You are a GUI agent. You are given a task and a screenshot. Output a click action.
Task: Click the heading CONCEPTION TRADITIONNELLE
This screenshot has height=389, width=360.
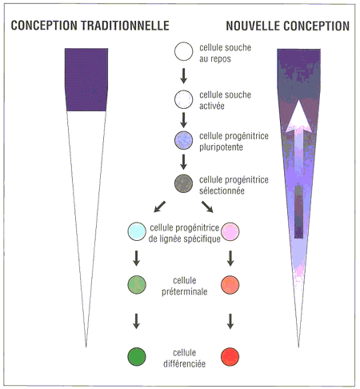click(90, 26)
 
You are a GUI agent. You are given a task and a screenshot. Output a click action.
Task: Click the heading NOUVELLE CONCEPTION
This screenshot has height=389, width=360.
click(288, 26)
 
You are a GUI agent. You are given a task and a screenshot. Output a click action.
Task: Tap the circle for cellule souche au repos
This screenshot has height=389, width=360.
click(184, 51)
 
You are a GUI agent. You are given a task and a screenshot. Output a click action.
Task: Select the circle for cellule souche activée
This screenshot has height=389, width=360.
click(184, 99)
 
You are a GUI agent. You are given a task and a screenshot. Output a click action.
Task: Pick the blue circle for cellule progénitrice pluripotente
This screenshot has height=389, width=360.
click(184, 140)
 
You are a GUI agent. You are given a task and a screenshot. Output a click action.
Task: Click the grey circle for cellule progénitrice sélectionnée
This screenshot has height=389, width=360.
click(183, 183)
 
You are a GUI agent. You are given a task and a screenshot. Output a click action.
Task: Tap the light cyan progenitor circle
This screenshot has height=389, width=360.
click(137, 231)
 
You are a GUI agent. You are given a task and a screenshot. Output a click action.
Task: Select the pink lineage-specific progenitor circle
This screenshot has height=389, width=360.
click(230, 231)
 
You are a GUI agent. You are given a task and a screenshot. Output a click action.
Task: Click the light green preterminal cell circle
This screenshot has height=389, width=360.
click(137, 285)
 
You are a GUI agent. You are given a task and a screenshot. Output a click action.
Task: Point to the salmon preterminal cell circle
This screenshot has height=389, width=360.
click(230, 285)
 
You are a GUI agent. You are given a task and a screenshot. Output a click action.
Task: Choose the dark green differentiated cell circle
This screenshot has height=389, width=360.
click(137, 357)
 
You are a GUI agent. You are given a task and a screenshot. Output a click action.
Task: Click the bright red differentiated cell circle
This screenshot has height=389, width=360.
click(230, 357)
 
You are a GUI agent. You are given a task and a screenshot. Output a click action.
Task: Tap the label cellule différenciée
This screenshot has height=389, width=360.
click(185, 359)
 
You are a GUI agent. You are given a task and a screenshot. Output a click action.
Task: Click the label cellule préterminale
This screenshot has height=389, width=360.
click(185, 286)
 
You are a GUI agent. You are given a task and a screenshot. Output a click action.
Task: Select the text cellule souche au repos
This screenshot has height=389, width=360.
click(226, 53)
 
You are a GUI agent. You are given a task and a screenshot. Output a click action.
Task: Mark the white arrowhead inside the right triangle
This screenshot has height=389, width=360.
click(298, 117)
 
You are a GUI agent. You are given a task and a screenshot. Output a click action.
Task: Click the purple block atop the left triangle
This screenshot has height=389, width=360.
click(86, 79)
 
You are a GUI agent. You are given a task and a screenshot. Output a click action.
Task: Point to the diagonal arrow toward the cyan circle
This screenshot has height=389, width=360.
click(160, 207)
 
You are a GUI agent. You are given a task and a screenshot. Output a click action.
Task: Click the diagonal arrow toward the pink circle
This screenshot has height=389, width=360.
click(207, 207)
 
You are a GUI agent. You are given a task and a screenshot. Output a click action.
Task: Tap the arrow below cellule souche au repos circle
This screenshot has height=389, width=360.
click(183, 76)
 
